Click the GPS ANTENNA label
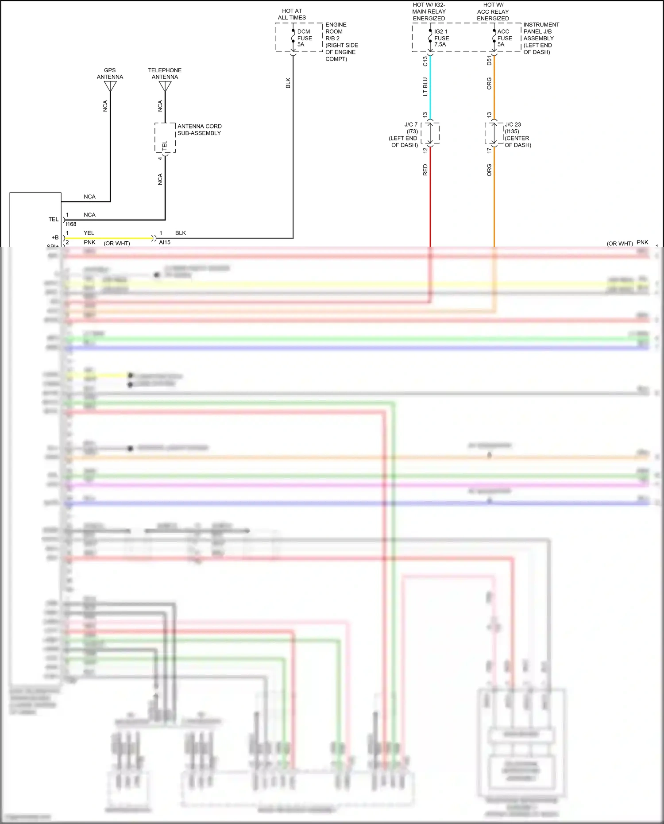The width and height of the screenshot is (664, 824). pos(110,74)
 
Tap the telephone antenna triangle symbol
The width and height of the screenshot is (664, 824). pos(165,86)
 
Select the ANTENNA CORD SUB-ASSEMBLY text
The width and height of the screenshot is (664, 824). pos(199,130)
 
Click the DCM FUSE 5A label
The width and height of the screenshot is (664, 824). pos(304,38)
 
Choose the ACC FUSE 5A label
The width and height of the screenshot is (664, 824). pos(504,38)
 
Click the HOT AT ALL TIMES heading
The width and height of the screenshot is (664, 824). pos(292,14)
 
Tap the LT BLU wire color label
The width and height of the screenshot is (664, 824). pos(425,86)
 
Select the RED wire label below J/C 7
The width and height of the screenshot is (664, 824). pos(425,170)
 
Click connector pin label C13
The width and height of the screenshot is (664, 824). pos(425,61)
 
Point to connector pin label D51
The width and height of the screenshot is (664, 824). pos(489,61)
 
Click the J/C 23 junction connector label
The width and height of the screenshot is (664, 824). pos(513,125)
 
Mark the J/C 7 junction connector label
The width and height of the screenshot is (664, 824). pos(411,125)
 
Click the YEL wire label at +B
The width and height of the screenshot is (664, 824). pos(89,233)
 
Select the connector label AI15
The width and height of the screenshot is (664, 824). pos(165,242)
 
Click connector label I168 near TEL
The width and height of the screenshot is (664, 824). pos(71,224)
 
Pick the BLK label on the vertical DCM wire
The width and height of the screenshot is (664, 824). pos(288,83)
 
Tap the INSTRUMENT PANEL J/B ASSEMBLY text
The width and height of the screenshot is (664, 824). pos(541,38)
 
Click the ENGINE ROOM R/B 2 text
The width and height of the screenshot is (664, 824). pos(341,42)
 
